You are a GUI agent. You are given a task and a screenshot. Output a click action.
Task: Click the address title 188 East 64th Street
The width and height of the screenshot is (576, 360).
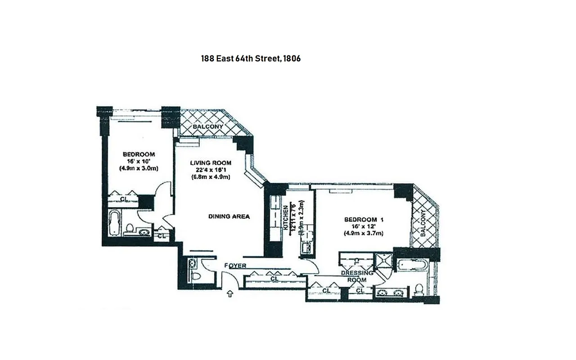point(251,58)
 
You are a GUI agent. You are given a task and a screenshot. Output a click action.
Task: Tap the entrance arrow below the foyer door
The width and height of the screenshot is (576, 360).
point(229,294)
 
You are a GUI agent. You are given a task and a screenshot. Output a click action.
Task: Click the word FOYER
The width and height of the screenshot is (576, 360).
point(235,266)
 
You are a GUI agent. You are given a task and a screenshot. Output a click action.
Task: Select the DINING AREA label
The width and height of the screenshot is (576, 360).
point(229,216)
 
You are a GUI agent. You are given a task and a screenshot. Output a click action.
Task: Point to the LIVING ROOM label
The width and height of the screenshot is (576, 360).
point(210,163)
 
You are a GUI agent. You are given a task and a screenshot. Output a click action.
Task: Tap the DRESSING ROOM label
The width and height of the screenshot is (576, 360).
point(357,276)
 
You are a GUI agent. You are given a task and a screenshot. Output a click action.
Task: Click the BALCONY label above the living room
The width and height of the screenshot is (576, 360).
point(207,127)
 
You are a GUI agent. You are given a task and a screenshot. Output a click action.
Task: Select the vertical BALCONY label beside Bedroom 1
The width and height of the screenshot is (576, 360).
point(423,223)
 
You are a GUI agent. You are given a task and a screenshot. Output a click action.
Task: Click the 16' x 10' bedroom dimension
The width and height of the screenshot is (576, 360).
point(139,161)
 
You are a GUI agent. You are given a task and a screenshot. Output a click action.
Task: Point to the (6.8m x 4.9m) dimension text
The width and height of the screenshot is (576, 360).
point(210,177)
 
